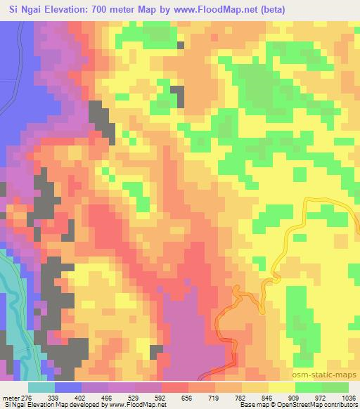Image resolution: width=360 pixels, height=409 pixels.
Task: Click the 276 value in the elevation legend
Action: (21, 398)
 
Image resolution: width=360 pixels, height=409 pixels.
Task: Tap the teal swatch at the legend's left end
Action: (41, 387)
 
